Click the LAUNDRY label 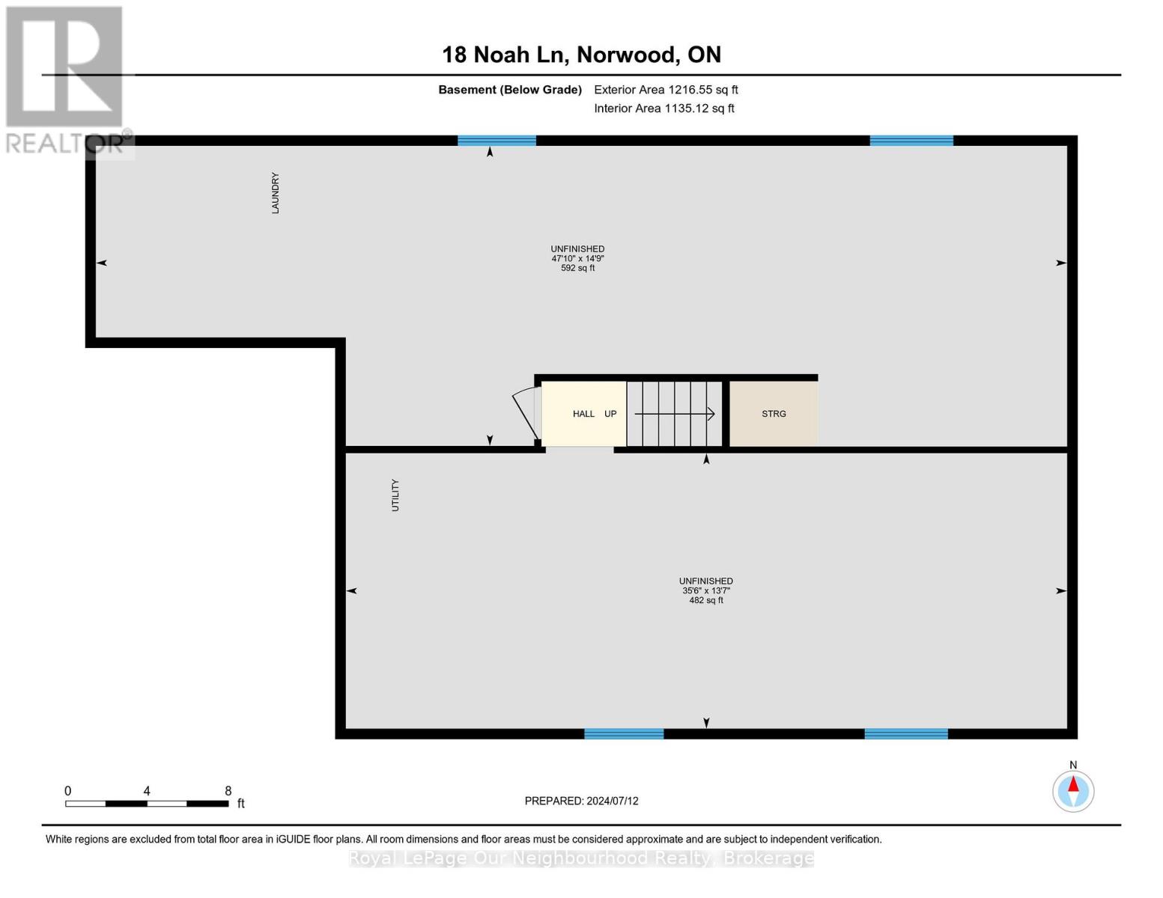pos(275,192)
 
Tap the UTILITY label pos(395,495)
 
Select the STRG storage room pos(774,413)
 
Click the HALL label pos(583,413)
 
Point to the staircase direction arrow pos(674,413)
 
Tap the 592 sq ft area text pos(577,268)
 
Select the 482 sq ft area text pos(706,600)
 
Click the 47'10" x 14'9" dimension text pos(577,258)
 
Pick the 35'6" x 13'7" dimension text pos(706,590)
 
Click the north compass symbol pos(1073,791)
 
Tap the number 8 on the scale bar pos(228,790)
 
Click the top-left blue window pos(497,141)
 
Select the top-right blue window pos(911,141)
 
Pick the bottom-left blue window pos(624,733)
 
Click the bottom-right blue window pos(906,733)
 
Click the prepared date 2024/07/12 pos(613,801)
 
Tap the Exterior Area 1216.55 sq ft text pos(666,90)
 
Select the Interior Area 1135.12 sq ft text pos(664,108)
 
